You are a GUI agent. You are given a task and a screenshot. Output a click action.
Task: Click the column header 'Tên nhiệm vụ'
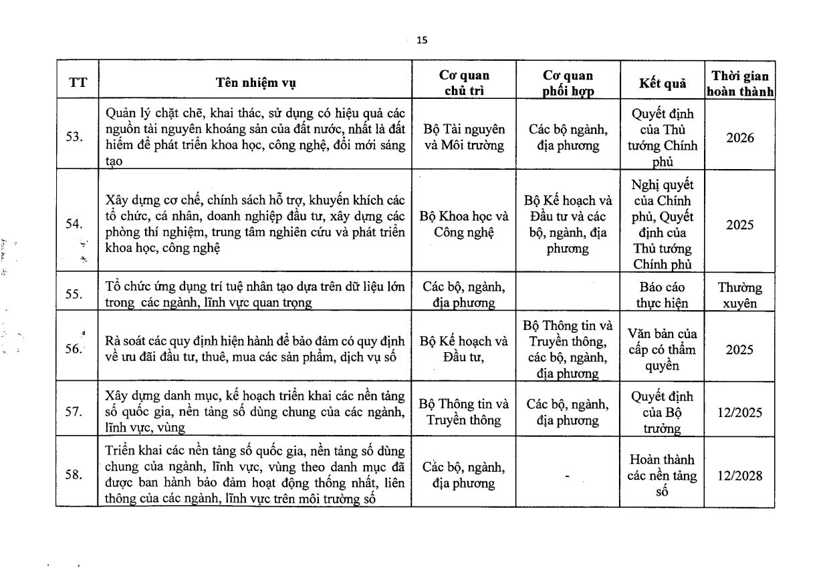pos(255,83)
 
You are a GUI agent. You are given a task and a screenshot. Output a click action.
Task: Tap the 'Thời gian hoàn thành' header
pos(739,84)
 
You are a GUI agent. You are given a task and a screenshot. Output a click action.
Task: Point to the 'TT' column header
pos(78,83)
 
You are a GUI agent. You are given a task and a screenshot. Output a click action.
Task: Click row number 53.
pos(75,137)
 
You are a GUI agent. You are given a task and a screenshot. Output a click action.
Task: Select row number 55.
pos(75,293)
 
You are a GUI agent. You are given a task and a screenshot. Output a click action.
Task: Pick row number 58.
pos(75,475)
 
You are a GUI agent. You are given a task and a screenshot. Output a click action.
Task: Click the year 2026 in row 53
pos(739,138)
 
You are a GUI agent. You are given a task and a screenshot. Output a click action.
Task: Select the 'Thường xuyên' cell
pos(739,295)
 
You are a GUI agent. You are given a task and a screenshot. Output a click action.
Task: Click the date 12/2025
pos(739,412)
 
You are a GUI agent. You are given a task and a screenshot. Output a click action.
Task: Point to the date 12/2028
pos(739,476)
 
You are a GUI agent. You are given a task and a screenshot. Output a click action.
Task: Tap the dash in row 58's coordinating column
pos(567,476)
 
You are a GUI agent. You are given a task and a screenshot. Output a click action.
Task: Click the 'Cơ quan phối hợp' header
pos(567,84)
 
